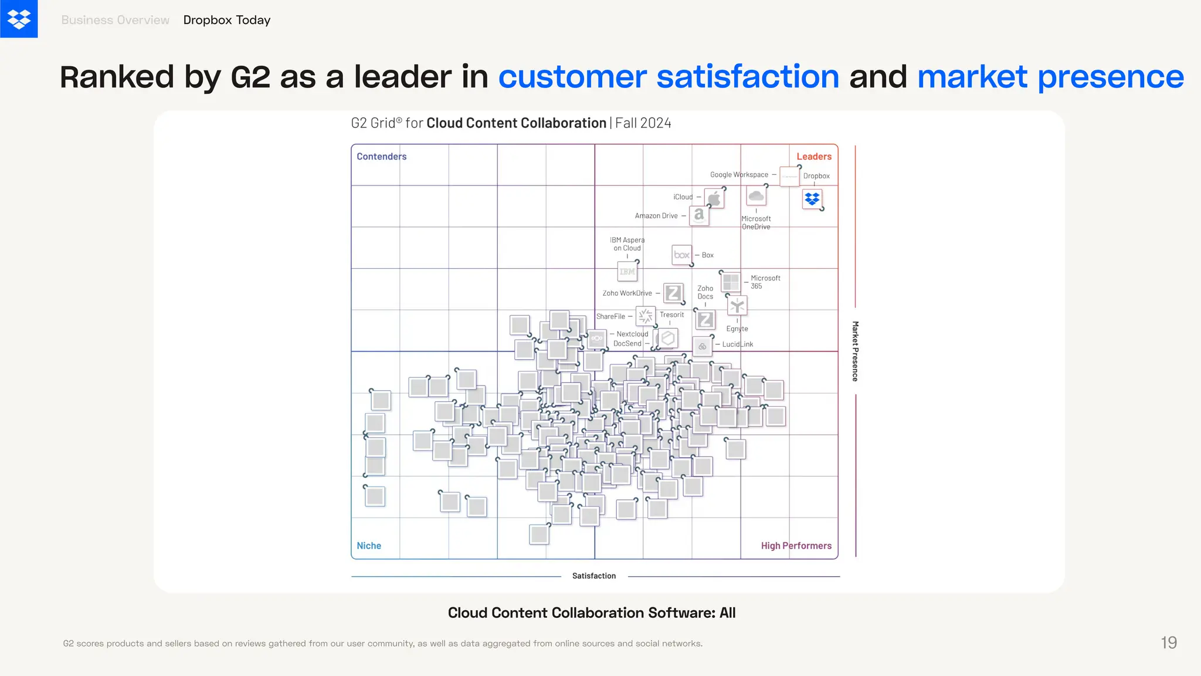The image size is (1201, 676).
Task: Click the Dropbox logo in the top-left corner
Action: click(x=19, y=19)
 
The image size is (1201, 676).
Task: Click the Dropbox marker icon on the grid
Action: click(x=812, y=200)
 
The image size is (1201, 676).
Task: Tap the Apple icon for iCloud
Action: click(x=714, y=199)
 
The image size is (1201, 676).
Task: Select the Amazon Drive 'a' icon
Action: click(x=699, y=215)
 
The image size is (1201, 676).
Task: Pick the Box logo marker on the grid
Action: click(x=681, y=255)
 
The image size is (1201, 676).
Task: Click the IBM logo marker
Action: click(x=627, y=272)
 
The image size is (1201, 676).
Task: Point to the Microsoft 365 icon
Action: click(x=731, y=282)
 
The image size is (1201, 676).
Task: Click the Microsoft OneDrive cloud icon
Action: click(x=756, y=196)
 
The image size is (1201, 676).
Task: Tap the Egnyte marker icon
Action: click(x=737, y=306)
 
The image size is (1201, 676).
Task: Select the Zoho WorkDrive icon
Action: click(x=673, y=293)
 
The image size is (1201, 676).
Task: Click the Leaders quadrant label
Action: click(x=813, y=157)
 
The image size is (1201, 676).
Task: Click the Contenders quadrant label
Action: click(x=381, y=157)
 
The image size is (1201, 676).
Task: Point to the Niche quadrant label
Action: click(x=369, y=546)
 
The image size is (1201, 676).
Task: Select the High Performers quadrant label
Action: click(x=796, y=546)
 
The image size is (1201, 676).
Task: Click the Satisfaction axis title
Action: click(x=593, y=576)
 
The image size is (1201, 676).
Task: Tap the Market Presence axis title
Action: click(x=855, y=351)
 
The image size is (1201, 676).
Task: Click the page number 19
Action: click(x=1168, y=643)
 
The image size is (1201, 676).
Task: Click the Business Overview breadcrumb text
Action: click(x=115, y=20)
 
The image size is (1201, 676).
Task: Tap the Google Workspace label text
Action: click(x=739, y=175)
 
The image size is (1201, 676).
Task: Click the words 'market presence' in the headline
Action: click(x=1050, y=77)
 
